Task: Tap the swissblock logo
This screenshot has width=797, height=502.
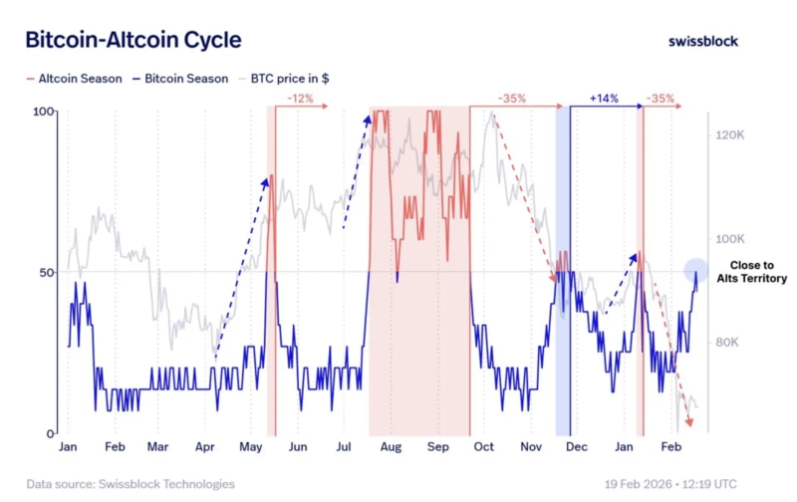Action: tap(704, 41)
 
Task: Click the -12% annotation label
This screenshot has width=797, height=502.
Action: tap(299, 99)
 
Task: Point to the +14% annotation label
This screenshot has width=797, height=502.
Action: tap(604, 99)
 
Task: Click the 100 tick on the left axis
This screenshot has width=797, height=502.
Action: tap(43, 112)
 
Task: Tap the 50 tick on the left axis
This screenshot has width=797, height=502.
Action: tap(46, 272)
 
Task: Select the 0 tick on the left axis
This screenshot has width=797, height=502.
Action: tap(50, 434)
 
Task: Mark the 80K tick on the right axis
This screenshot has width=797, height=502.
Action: tap(731, 343)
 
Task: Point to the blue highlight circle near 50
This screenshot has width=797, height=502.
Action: tap(696, 269)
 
